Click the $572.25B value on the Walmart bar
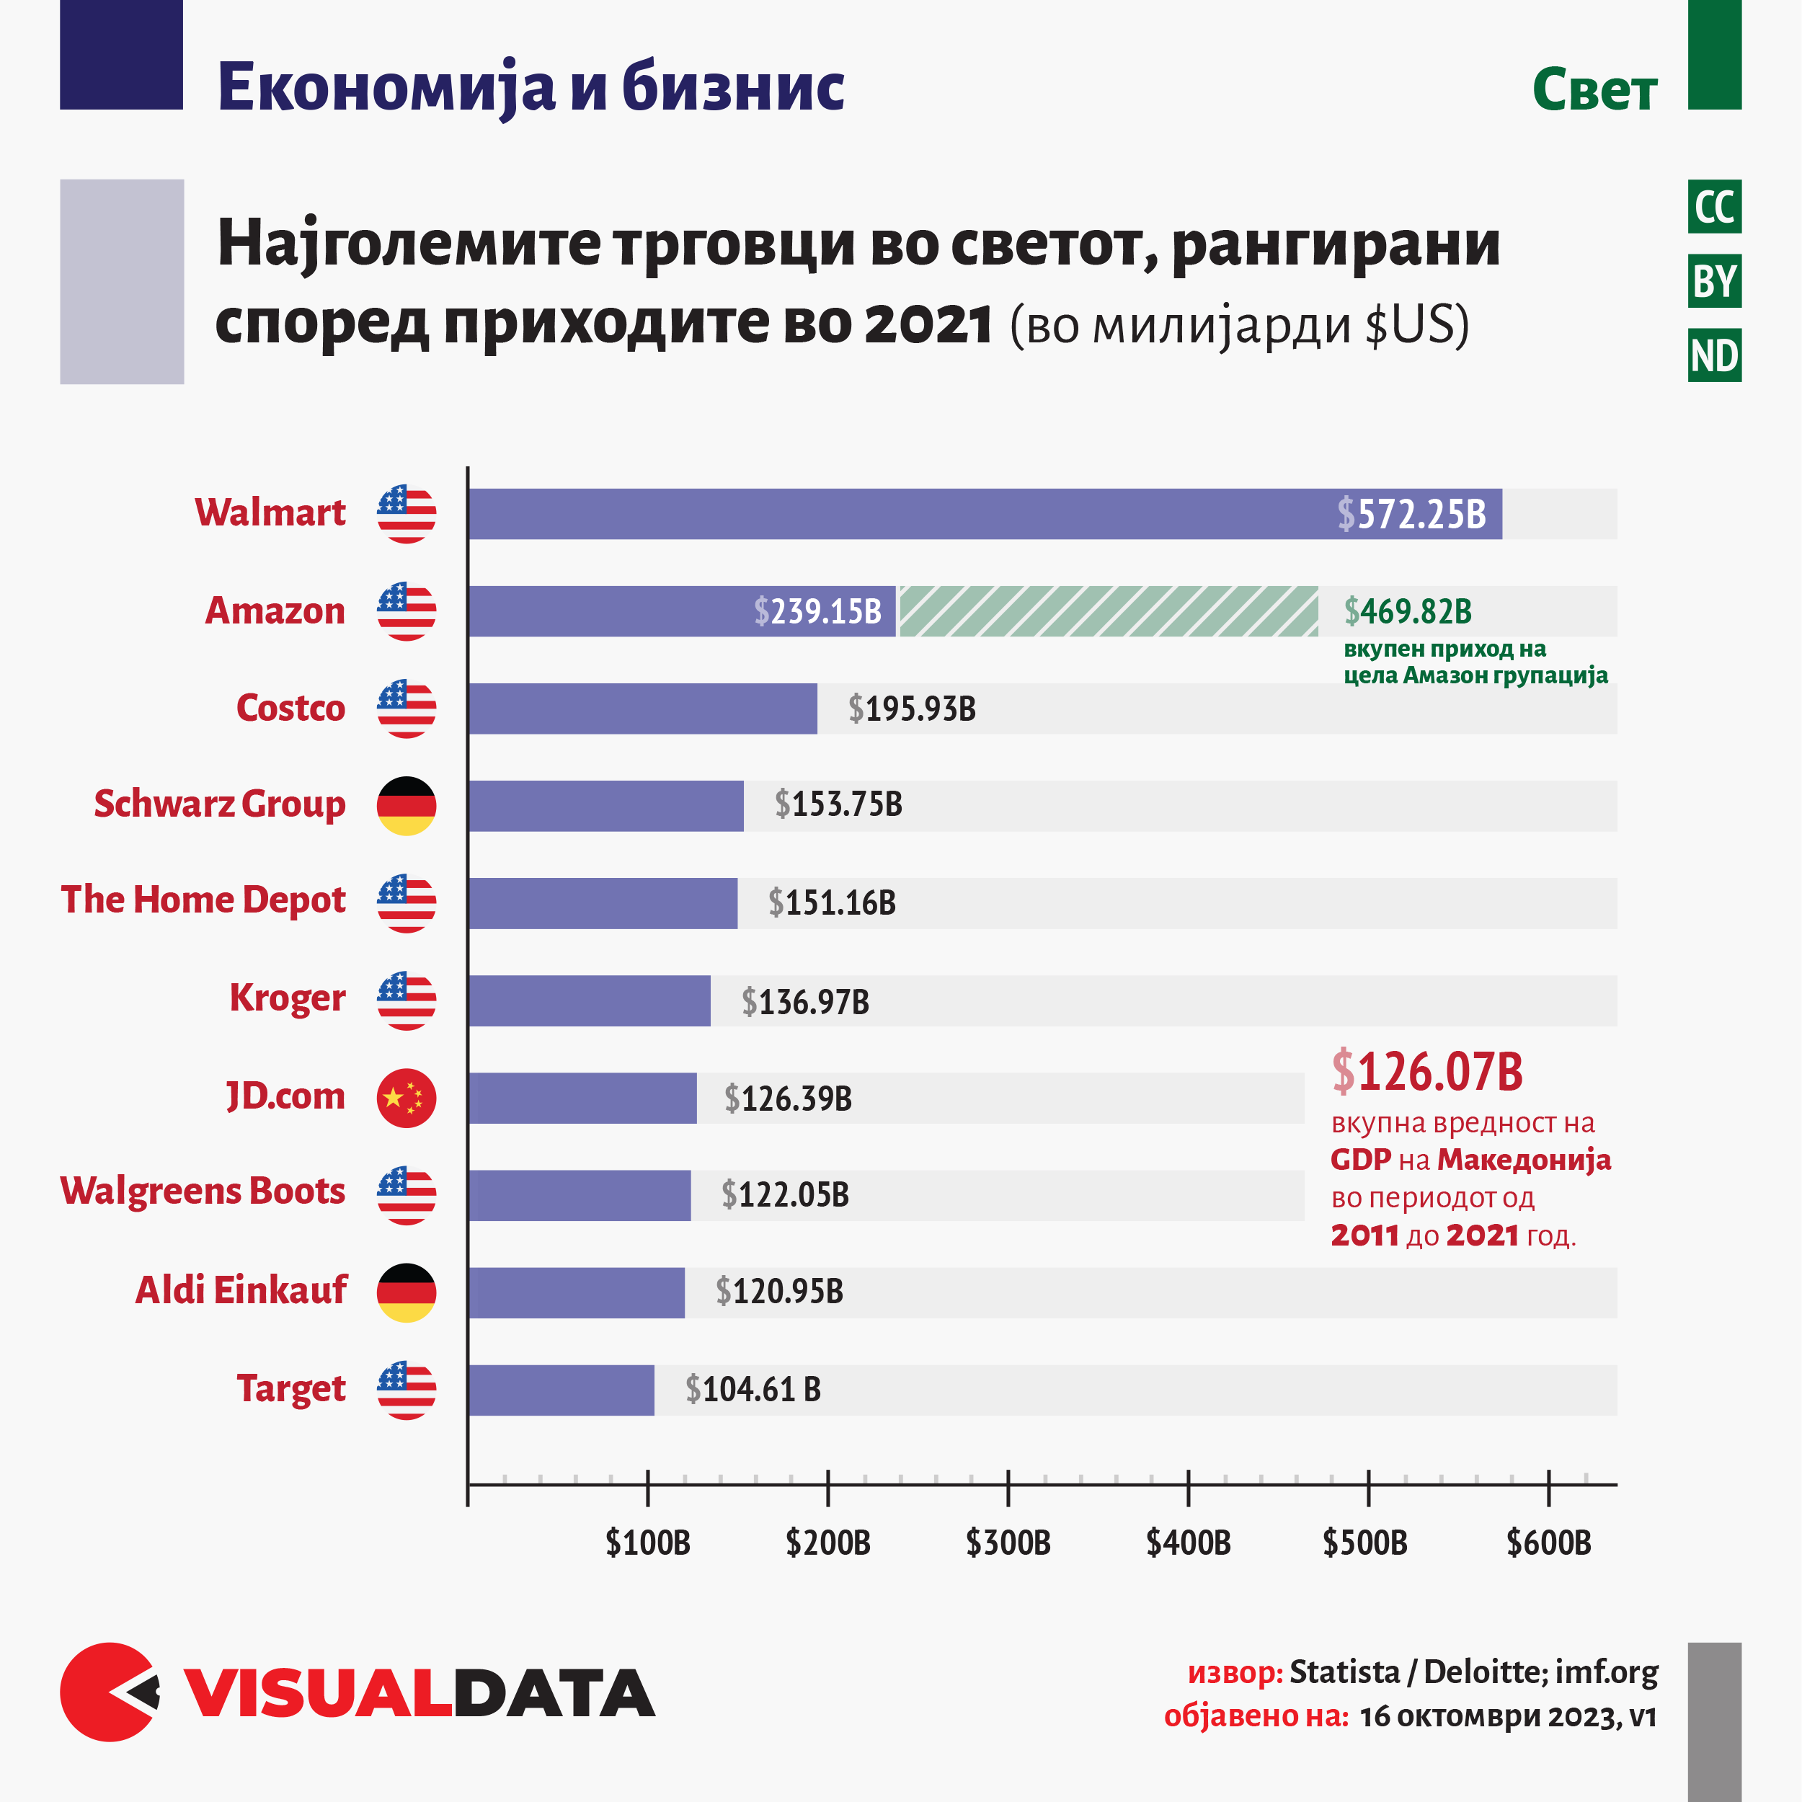pyautogui.click(x=1411, y=514)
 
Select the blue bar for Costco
pyautogui.click(x=643, y=709)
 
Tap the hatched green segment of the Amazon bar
pyautogui.click(x=1108, y=612)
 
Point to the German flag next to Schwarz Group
pyautogui.click(x=406, y=806)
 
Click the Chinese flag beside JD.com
pyautogui.click(x=406, y=1098)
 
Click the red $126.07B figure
pyautogui.click(x=1427, y=1072)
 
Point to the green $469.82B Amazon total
pyautogui.click(x=1408, y=612)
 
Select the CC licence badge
pyautogui.click(x=1714, y=207)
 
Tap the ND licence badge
pyautogui.click(x=1714, y=355)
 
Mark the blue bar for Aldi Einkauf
pyautogui.click(x=577, y=1292)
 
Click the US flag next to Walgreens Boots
pyautogui.click(x=406, y=1195)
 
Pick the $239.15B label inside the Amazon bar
pyautogui.click(x=817, y=612)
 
